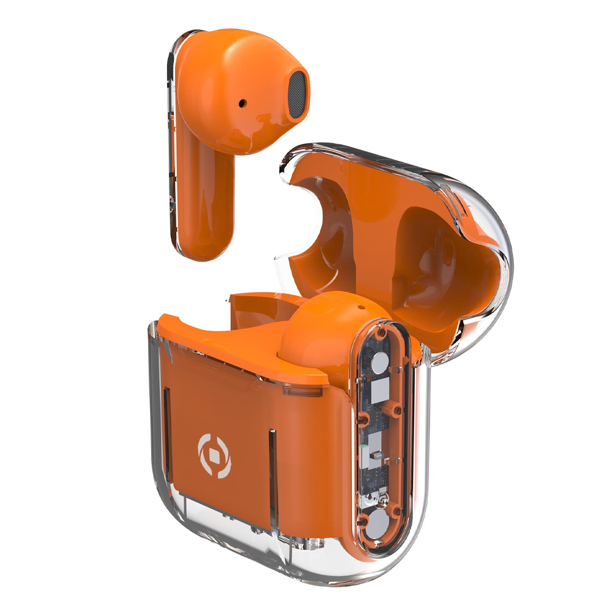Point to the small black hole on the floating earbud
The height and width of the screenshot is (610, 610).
244,104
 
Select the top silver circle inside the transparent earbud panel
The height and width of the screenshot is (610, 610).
379,365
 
